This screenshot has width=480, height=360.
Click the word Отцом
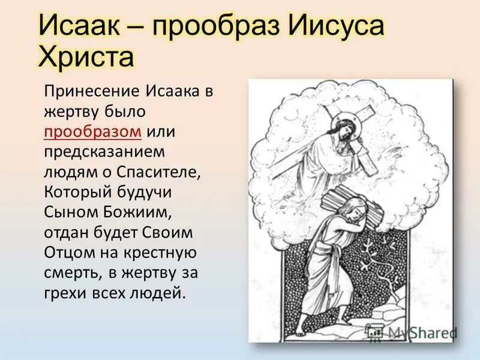click(67, 253)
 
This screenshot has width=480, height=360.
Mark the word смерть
click(73, 273)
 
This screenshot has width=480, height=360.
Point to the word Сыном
click(67, 212)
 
